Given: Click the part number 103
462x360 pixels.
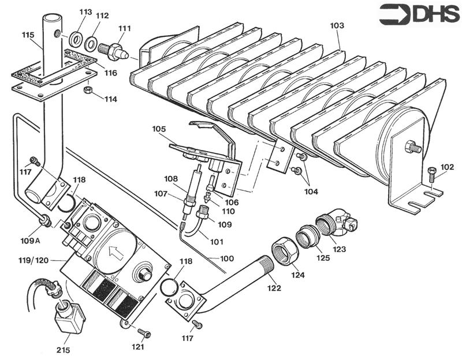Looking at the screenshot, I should (337, 26).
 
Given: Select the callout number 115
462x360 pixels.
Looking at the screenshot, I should (28, 35).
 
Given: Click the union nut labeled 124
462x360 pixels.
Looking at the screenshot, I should (285, 252).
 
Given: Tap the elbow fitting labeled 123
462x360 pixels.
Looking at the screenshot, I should (336, 222).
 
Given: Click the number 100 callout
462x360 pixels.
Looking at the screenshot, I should (227, 259).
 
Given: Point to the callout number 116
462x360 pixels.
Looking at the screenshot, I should (111, 73).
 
